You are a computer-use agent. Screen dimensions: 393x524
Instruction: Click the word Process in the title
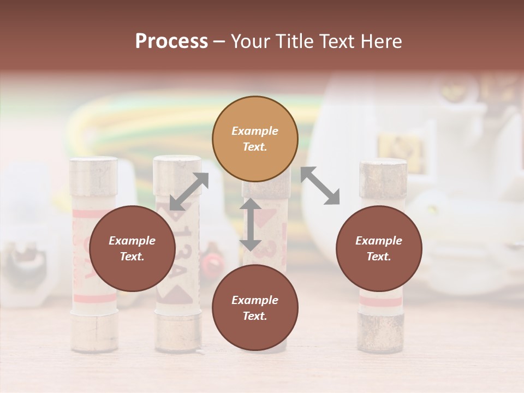pyautogui.click(x=171, y=41)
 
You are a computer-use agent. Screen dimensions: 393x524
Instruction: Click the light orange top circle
pyautogui.click(x=255, y=139)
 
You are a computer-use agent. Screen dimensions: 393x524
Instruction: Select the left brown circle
pyautogui.click(x=132, y=248)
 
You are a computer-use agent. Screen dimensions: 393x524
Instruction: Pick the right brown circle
pyautogui.click(x=379, y=248)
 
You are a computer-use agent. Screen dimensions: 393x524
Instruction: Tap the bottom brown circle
pyautogui.click(x=255, y=308)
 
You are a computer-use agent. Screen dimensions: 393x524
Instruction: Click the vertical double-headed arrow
pyautogui.click(x=251, y=224)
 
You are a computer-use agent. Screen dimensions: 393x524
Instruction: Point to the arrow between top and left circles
pyautogui.click(x=189, y=192)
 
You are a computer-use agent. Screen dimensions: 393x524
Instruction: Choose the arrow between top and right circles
pyautogui.click(x=320, y=186)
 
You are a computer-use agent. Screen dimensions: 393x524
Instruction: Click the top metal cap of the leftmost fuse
pyautogui.click(x=93, y=176)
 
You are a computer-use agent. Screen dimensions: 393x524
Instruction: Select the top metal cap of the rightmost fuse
pyautogui.click(x=383, y=178)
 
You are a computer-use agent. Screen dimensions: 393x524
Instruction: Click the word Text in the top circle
pyautogui.click(x=255, y=147)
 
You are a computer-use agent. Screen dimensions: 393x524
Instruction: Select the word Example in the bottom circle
pyautogui.click(x=255, y=300)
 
